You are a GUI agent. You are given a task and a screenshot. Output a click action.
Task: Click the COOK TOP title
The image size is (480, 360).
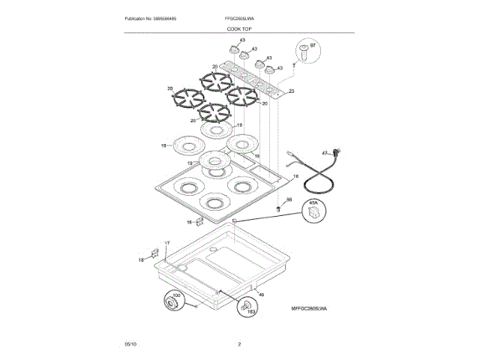pos(239,28)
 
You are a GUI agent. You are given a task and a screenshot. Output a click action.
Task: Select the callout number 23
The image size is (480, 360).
pos(291,91)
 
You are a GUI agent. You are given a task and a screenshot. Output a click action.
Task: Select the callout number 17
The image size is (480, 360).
pos(167,244)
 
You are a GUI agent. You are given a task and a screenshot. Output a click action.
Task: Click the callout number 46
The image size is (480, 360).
pos(261,296)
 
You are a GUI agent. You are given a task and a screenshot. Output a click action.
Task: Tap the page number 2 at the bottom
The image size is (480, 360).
pos(239,344)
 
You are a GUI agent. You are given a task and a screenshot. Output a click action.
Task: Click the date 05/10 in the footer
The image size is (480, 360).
pos(132,344)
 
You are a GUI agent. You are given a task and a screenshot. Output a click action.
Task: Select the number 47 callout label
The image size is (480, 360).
pos(325,153)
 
